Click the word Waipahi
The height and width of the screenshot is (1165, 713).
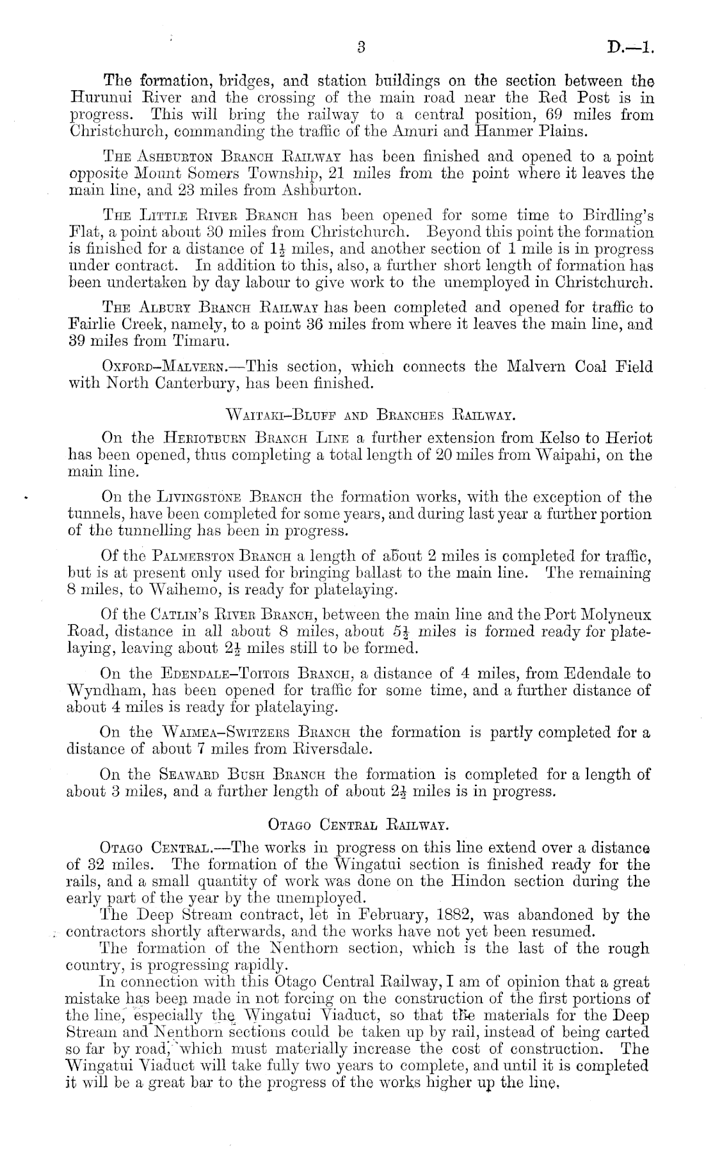click(573, 456)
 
